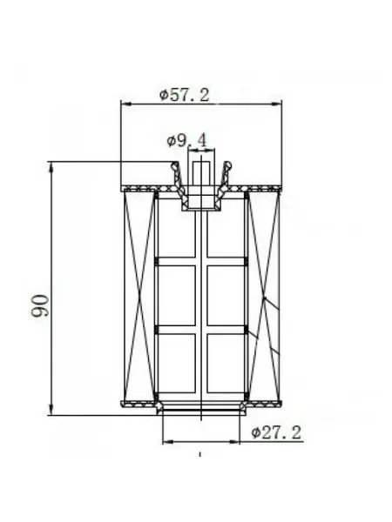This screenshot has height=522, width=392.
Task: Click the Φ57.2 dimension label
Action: [185, 95]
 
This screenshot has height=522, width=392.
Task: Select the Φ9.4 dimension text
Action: [186, 140]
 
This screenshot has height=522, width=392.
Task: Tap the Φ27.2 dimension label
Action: [276, 432]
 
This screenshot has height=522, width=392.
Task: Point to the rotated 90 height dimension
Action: [40, 305]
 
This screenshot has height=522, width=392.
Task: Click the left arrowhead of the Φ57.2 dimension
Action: [125, 104]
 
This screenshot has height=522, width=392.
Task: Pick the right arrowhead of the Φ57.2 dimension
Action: [277, 104]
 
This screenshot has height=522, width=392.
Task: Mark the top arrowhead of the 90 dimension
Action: [51, 167]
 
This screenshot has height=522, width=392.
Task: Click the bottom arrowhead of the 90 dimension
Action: [51, 410]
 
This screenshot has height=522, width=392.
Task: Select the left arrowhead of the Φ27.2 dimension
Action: [168, 442]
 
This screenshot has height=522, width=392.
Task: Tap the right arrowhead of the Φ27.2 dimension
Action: [234, 442]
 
